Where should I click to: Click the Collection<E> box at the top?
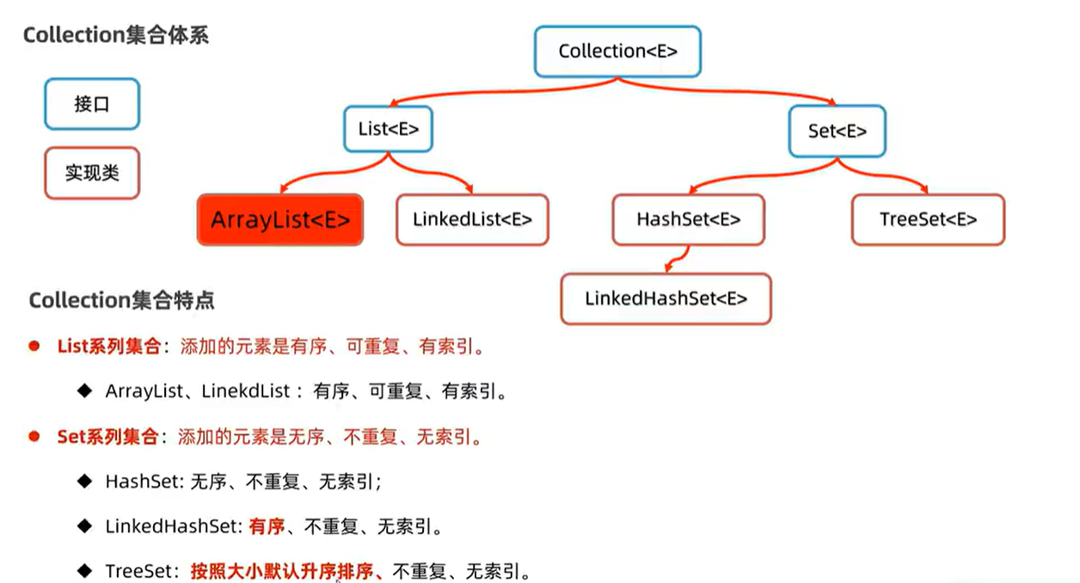click(617, 51)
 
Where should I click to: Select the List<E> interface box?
click(388, 130)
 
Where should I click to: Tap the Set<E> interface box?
click(837, 131)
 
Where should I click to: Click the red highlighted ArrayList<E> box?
click(280, 219)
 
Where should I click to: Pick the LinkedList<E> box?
click(472, 219)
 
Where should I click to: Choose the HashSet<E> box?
click(688, 219)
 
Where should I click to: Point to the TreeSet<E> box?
click(928, 219)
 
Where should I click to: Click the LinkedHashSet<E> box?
click(666, 298)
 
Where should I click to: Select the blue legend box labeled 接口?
click(92, 104)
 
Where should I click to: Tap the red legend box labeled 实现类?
click(92, 173)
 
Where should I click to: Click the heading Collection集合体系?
click(115, 35)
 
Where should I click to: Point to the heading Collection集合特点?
click(121, 300)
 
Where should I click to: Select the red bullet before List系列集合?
click(35, 347)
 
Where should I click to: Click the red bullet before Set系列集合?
click(35, 436)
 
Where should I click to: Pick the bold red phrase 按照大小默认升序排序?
click(285, 571)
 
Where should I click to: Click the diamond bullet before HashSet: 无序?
click(84, 481)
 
